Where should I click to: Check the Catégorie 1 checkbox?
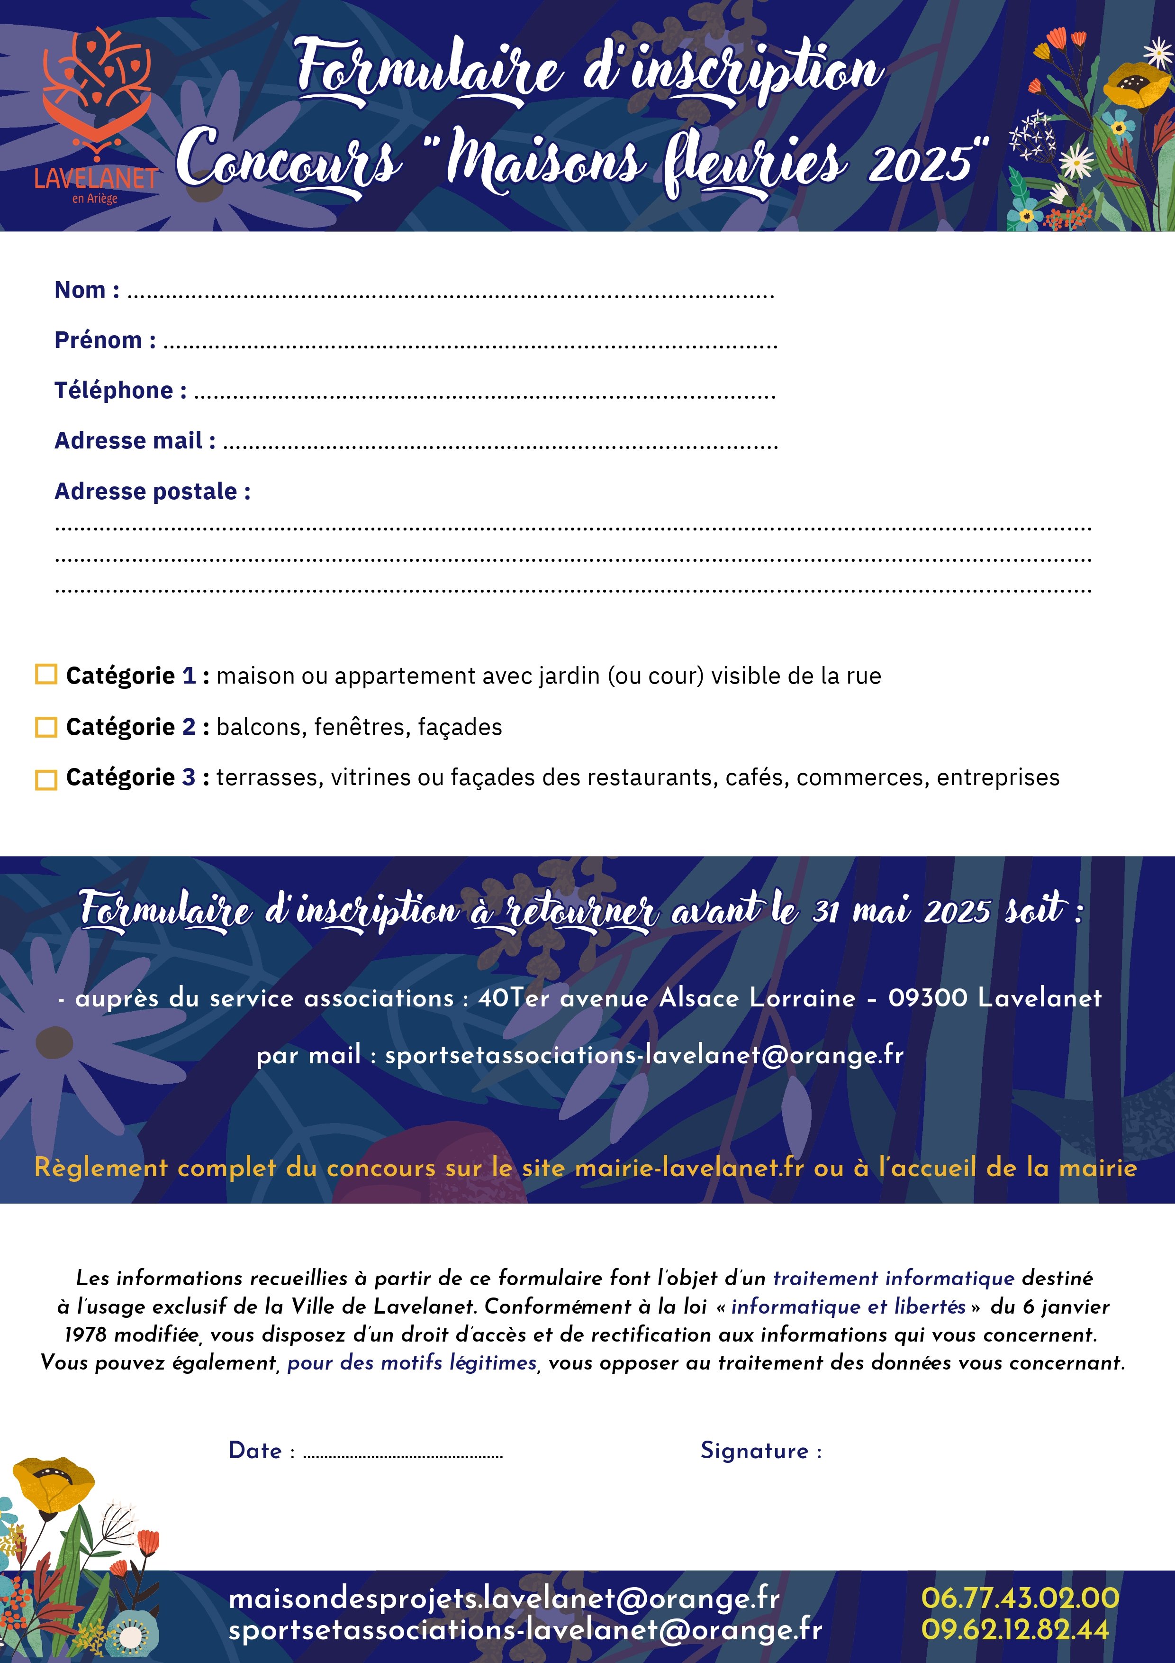pos(46,674)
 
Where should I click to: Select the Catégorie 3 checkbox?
pos(46,779)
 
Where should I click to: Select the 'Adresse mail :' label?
pos(135,440)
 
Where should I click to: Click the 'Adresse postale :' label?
pos(153,491)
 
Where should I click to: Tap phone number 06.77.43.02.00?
pos(1019,1598)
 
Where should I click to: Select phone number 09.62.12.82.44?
pos(1015,1630)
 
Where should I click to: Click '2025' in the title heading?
pos(920,163)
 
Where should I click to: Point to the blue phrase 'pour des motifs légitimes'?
pos(412,1362)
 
